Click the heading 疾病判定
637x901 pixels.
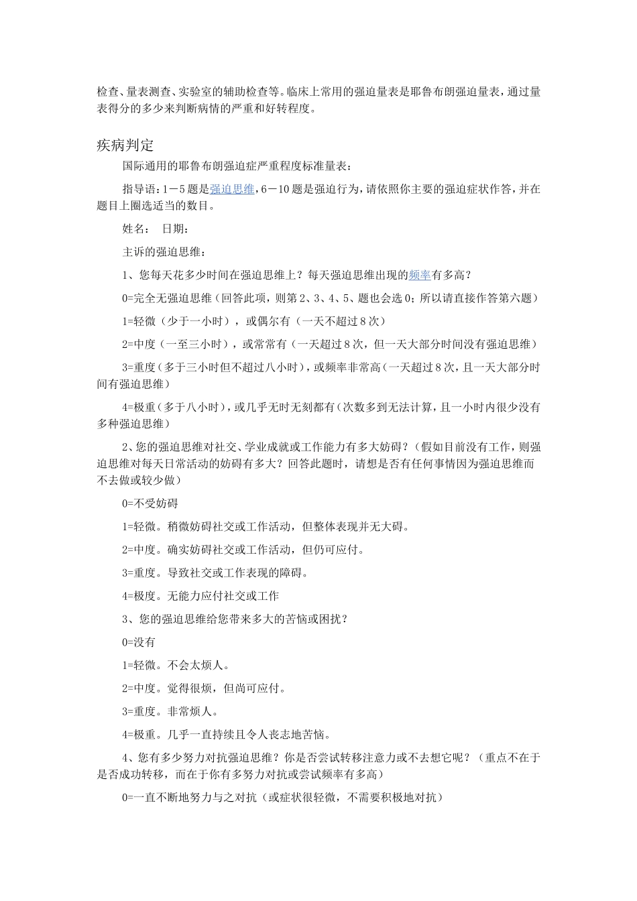[125, 145]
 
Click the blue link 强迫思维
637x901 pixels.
[232, 189]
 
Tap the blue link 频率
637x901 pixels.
[420, 274]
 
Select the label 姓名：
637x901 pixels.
[136, 229]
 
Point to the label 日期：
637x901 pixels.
[176, 229]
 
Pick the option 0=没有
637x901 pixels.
[139, 642]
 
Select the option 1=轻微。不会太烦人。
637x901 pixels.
[176, 665]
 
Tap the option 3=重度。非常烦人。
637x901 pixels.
[170, 711]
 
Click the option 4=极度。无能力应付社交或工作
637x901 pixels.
[200, 595]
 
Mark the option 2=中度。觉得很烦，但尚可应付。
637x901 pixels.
[205, 688]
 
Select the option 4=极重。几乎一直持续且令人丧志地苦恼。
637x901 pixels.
[227, 734]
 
